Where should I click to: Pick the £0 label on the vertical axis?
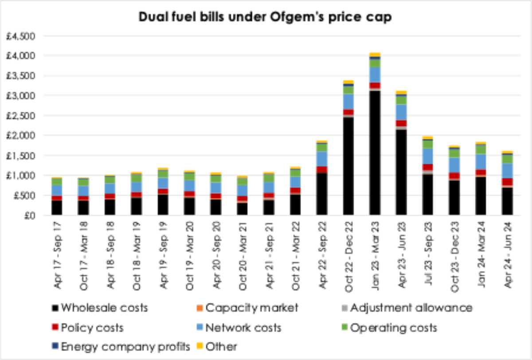[x=35, y=215]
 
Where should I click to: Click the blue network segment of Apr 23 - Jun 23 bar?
[x=401, y=112]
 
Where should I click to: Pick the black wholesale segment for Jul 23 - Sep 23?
[x=427, y=195]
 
